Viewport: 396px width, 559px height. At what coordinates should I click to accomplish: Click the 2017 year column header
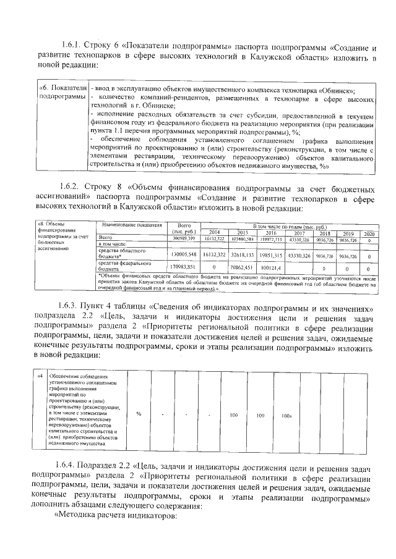pyautogui.click(x=299, y=232)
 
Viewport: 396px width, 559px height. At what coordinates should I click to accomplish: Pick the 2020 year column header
pyautogui.click(x=369, y=232)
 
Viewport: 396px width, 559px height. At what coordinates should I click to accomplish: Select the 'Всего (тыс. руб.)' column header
pyautogui.click(x=184, y=228)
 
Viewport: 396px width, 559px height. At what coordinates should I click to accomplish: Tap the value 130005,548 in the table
pyautogui.click(x=184, y=254)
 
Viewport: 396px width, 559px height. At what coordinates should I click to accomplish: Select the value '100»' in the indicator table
pyautogui.click(x=286, y=415)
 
